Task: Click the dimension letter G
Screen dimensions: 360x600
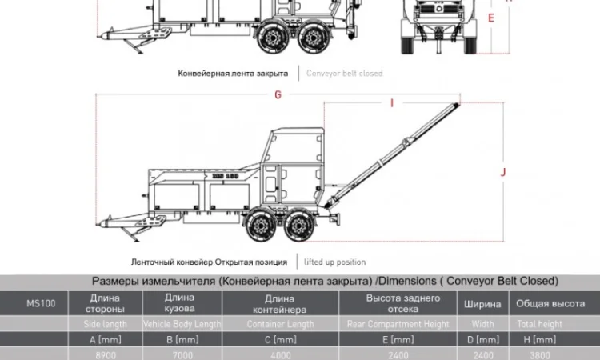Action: tap(278, 94)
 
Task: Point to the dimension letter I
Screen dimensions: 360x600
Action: tap(391, 102)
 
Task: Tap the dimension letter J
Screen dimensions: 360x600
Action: tap(503, 172)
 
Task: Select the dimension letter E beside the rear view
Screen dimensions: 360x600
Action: tap(490, 17)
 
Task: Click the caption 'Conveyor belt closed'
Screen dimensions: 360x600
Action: tap(344, 73)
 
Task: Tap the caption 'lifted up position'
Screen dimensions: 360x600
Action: tap(334, 262)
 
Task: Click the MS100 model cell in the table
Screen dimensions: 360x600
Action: tap(41, 303)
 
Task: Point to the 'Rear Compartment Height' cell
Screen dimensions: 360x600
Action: tap(398, 324)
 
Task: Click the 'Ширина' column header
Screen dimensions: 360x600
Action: tap(483, 304)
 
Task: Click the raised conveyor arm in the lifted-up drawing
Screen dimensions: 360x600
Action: tap(400, 152)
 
